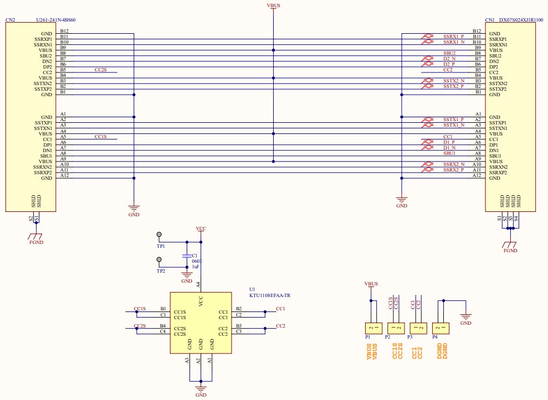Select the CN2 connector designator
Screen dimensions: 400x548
coord(10,20)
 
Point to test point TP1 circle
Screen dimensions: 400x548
coord(160,235)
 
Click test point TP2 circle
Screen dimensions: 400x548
coord(160,259)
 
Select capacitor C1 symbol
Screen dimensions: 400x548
coord(187,256)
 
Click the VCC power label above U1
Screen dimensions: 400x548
coord(201,228)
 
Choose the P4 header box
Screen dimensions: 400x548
coord(442,328)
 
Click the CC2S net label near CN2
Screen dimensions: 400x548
coord(100,70)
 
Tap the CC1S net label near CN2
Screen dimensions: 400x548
coord(100,136)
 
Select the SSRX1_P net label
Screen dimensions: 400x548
coord(453,37)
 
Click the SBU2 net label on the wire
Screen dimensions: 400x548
coord(448,53)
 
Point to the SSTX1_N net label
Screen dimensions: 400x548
coord(453,125)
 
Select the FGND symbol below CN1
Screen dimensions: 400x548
coord(510,247)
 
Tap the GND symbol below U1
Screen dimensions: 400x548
coord(201,391)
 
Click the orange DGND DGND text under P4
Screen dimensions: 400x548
coord(442,352)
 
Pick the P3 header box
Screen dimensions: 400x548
coord(418,328)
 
